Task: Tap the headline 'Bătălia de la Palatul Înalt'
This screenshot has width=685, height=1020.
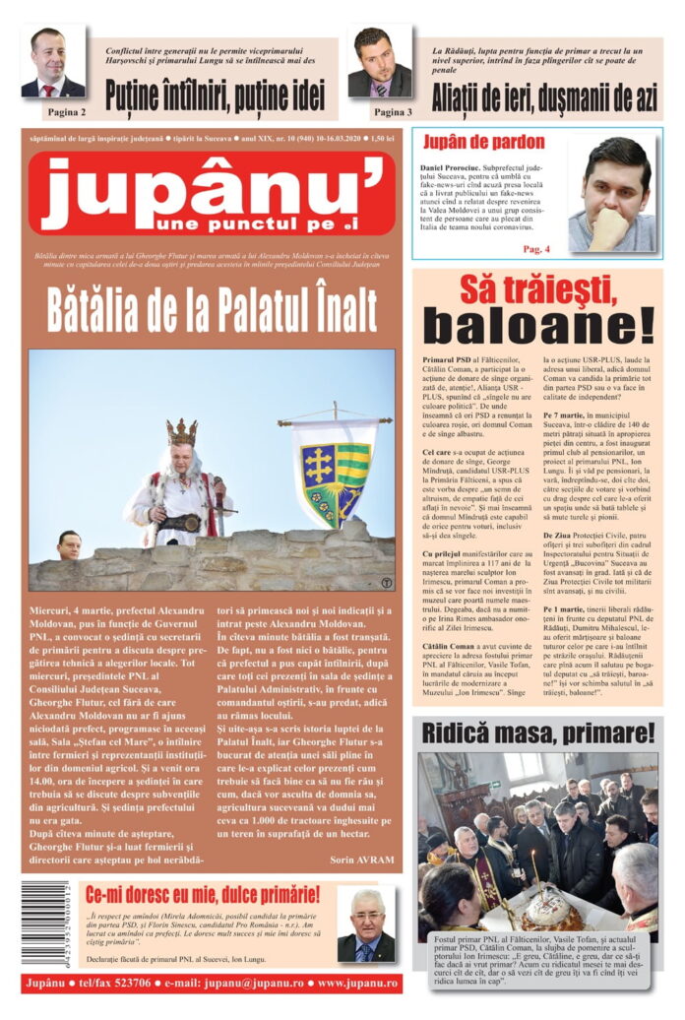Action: point(212,309)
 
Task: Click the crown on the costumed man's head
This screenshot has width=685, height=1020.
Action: point(181,431)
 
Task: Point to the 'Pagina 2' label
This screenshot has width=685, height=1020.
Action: point(66,112)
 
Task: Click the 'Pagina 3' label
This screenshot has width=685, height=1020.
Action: point(393,112)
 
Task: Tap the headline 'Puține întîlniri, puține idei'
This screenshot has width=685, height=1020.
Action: point(215,96)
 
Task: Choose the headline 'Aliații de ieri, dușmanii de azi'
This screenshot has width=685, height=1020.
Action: point(544,96)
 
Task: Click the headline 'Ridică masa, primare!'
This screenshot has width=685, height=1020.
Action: point(537,733)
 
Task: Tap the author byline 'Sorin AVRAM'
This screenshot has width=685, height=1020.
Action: point(363,859)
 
